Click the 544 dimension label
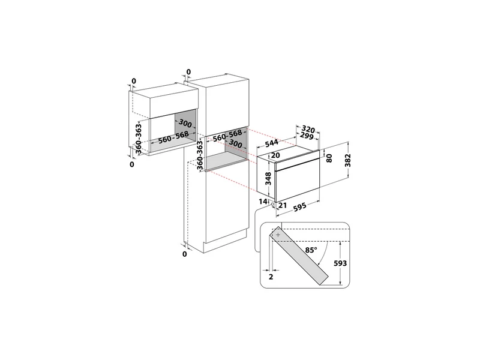(x=272, y=143)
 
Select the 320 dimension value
(x=308, y=129)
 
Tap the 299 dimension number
(x=307, y=136)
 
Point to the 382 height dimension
(x=348, y=160)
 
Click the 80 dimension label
(x=329, y=158)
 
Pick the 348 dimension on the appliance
(x=268, y=179)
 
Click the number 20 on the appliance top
(x=275, y=155)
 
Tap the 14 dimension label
(x=263, y=202)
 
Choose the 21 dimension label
(x=282, y=205)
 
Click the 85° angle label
(x=311, y=250)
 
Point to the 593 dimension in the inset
(x=340, y=263)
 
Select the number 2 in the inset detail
(x=271, y=277)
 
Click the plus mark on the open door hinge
(x=278, y=235)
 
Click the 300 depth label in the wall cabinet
(x=185, y=123)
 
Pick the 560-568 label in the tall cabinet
(x=227, y=136)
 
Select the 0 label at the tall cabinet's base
(x=184, y=254)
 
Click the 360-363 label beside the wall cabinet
(x=139, y=139)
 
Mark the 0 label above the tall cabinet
(x=188, y=72)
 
